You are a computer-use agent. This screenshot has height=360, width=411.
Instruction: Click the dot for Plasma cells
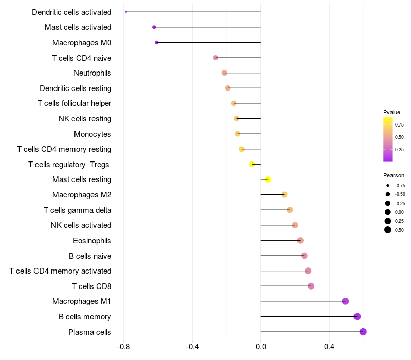pos(363,332)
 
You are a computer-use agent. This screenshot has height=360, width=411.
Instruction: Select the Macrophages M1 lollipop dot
pos(345,301)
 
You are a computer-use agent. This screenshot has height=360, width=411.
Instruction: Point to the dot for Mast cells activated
pos(154,27)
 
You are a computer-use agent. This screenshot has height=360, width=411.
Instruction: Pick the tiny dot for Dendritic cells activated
pos(126,12)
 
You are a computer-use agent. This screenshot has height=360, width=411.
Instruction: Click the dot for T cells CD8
pos(311,286)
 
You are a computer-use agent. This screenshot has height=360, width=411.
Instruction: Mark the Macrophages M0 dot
pos(156,43)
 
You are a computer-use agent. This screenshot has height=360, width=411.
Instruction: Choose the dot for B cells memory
pos(357,317)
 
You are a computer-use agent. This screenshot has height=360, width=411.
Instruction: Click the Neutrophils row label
pos(92,73)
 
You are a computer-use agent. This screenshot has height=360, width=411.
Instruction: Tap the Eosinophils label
pos(92,241)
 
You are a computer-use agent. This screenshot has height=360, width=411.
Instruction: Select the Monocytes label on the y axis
pos(92,134)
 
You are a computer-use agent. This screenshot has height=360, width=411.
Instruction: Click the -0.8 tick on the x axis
pos(123,347)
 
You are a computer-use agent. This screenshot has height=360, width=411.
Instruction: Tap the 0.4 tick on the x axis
pos(329,347)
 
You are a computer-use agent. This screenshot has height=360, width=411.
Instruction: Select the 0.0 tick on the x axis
pos(261,347)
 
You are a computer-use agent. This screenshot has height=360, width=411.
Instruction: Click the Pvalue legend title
pos(391,112)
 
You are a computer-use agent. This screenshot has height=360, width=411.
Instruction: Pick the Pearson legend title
pos(394,175)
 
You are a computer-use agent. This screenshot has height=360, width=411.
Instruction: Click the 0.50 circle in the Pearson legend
pos(387,230)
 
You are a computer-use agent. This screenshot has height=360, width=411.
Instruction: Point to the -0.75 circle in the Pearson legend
pos(387,185)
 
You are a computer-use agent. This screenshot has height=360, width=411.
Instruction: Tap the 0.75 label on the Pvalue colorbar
pos(399,124)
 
